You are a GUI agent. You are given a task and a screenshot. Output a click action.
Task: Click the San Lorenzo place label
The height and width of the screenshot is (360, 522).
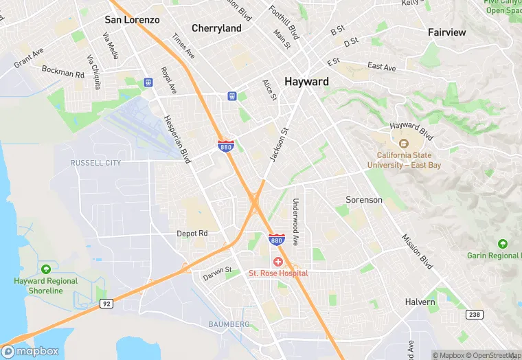132,20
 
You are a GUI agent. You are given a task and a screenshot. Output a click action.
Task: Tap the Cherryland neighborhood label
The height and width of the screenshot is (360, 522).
216,28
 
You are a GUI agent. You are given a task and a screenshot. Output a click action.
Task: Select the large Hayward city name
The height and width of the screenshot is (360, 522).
306,81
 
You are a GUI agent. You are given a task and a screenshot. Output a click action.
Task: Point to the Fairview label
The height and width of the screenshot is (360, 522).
446,32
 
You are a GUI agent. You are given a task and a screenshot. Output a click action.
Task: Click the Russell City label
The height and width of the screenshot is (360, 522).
95,163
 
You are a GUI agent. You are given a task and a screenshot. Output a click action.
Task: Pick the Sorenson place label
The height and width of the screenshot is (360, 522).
363,200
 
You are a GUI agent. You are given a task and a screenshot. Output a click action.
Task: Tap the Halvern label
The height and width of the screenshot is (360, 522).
420,302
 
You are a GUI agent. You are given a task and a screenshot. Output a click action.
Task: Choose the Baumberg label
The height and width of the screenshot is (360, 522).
229,324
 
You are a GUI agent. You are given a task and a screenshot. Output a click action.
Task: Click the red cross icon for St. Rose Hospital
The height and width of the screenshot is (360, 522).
278,262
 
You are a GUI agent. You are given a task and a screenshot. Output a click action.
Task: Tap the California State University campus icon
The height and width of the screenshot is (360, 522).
403,144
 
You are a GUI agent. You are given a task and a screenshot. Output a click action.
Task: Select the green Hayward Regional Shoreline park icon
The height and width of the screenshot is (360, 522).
46,269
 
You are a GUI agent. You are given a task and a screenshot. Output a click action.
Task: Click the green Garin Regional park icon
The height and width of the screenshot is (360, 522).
503,244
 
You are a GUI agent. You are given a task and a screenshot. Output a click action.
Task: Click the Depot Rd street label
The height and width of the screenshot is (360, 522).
192,234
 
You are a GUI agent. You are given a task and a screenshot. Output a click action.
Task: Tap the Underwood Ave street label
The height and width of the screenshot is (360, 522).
295,222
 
